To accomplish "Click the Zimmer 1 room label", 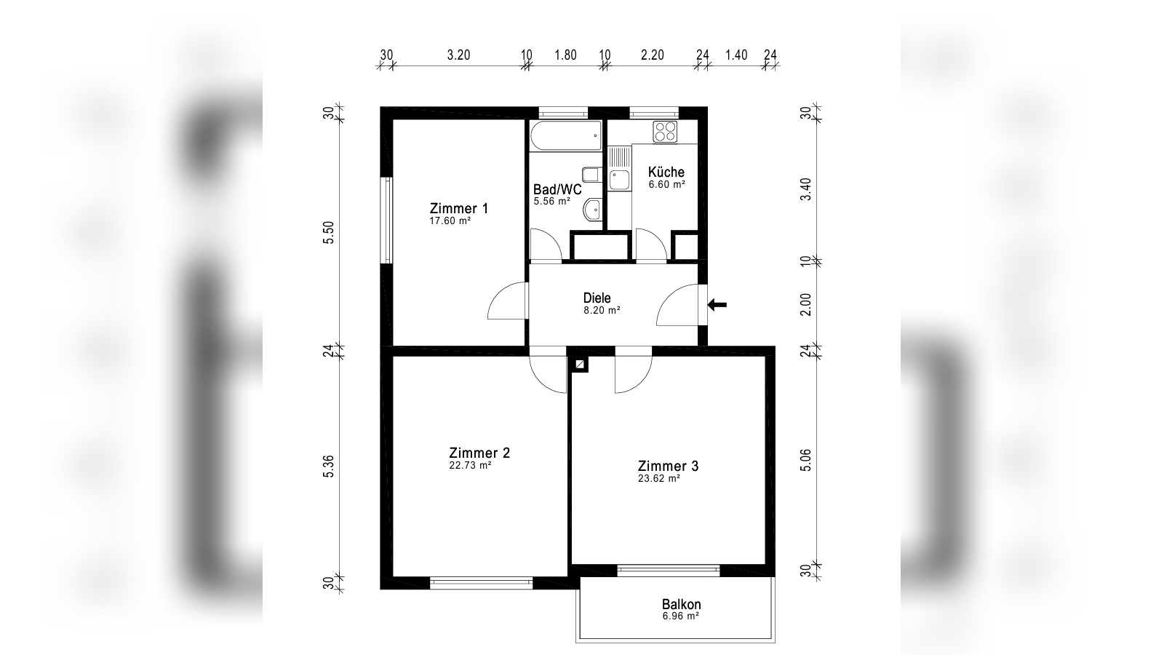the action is (x=459, y=208).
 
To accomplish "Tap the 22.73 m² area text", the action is (x=470, y=466).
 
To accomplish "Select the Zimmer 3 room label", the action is (x=669, y=466).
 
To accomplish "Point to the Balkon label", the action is (x=681, y=605).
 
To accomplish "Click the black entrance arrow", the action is (x=717, y=305).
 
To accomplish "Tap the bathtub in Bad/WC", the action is (x=566, y=135).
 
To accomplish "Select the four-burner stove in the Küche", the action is (x=665, y=131).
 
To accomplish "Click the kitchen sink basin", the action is (x=619, y=180).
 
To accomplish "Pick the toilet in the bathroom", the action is (x=592, y=174).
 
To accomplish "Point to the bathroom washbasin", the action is (x=592, y=210).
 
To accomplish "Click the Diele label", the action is (x=597, y=298).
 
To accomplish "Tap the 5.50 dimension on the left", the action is (x=328, y=232).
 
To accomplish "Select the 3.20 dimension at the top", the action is (x=458, y=55).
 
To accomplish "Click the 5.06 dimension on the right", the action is (x=805, y=461).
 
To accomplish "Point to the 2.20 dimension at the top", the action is (x=652, y=55).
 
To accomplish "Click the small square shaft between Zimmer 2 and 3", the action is (x=580, y=365).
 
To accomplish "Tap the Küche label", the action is (x=666, y=172).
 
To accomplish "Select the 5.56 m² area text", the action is (x=552, y=201).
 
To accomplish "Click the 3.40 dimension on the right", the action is (x=805, y=189).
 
